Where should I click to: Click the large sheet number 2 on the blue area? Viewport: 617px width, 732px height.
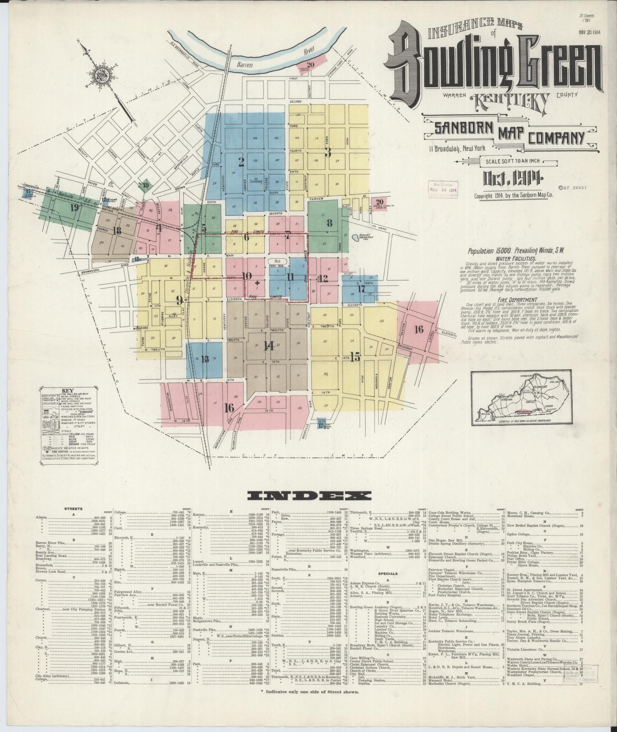(x=241, y=161)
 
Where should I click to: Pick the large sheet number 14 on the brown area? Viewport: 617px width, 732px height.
(x=269, y=346)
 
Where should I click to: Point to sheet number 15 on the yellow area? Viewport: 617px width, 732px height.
(x=355, y=357)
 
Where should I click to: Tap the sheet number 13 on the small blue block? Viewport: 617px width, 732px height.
(x=205, y=359)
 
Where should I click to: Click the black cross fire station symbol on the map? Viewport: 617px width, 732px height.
(x=257, y=283)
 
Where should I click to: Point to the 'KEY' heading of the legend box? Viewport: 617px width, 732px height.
(x=68, y=390)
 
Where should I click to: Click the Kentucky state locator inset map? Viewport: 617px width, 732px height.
(x=523, y=398)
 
